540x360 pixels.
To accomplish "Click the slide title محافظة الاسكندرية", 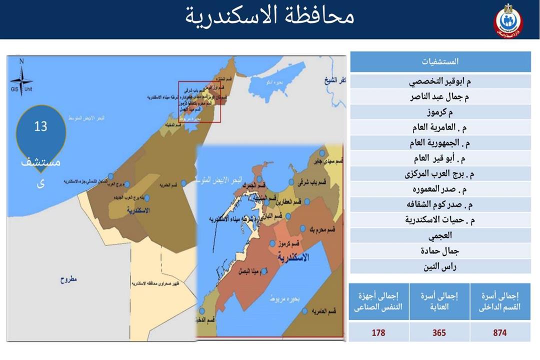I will [x=270, y=16].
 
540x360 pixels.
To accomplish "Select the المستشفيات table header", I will [x=440, y=62].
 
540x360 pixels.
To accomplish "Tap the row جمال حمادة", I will [x=440, y=251].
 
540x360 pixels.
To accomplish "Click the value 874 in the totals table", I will [x=499, y=332].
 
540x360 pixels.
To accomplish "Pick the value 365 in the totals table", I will [x=439, y=332].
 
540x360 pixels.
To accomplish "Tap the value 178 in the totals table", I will [x=378, y=332].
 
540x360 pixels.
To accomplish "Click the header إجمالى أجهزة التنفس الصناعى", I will [x=378, y=302].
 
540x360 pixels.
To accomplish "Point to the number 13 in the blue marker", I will [x=40, y=126].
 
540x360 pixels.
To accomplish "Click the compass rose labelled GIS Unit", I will [x=21, y=80].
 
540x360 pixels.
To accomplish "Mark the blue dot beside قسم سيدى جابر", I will [x=322, y=153].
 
